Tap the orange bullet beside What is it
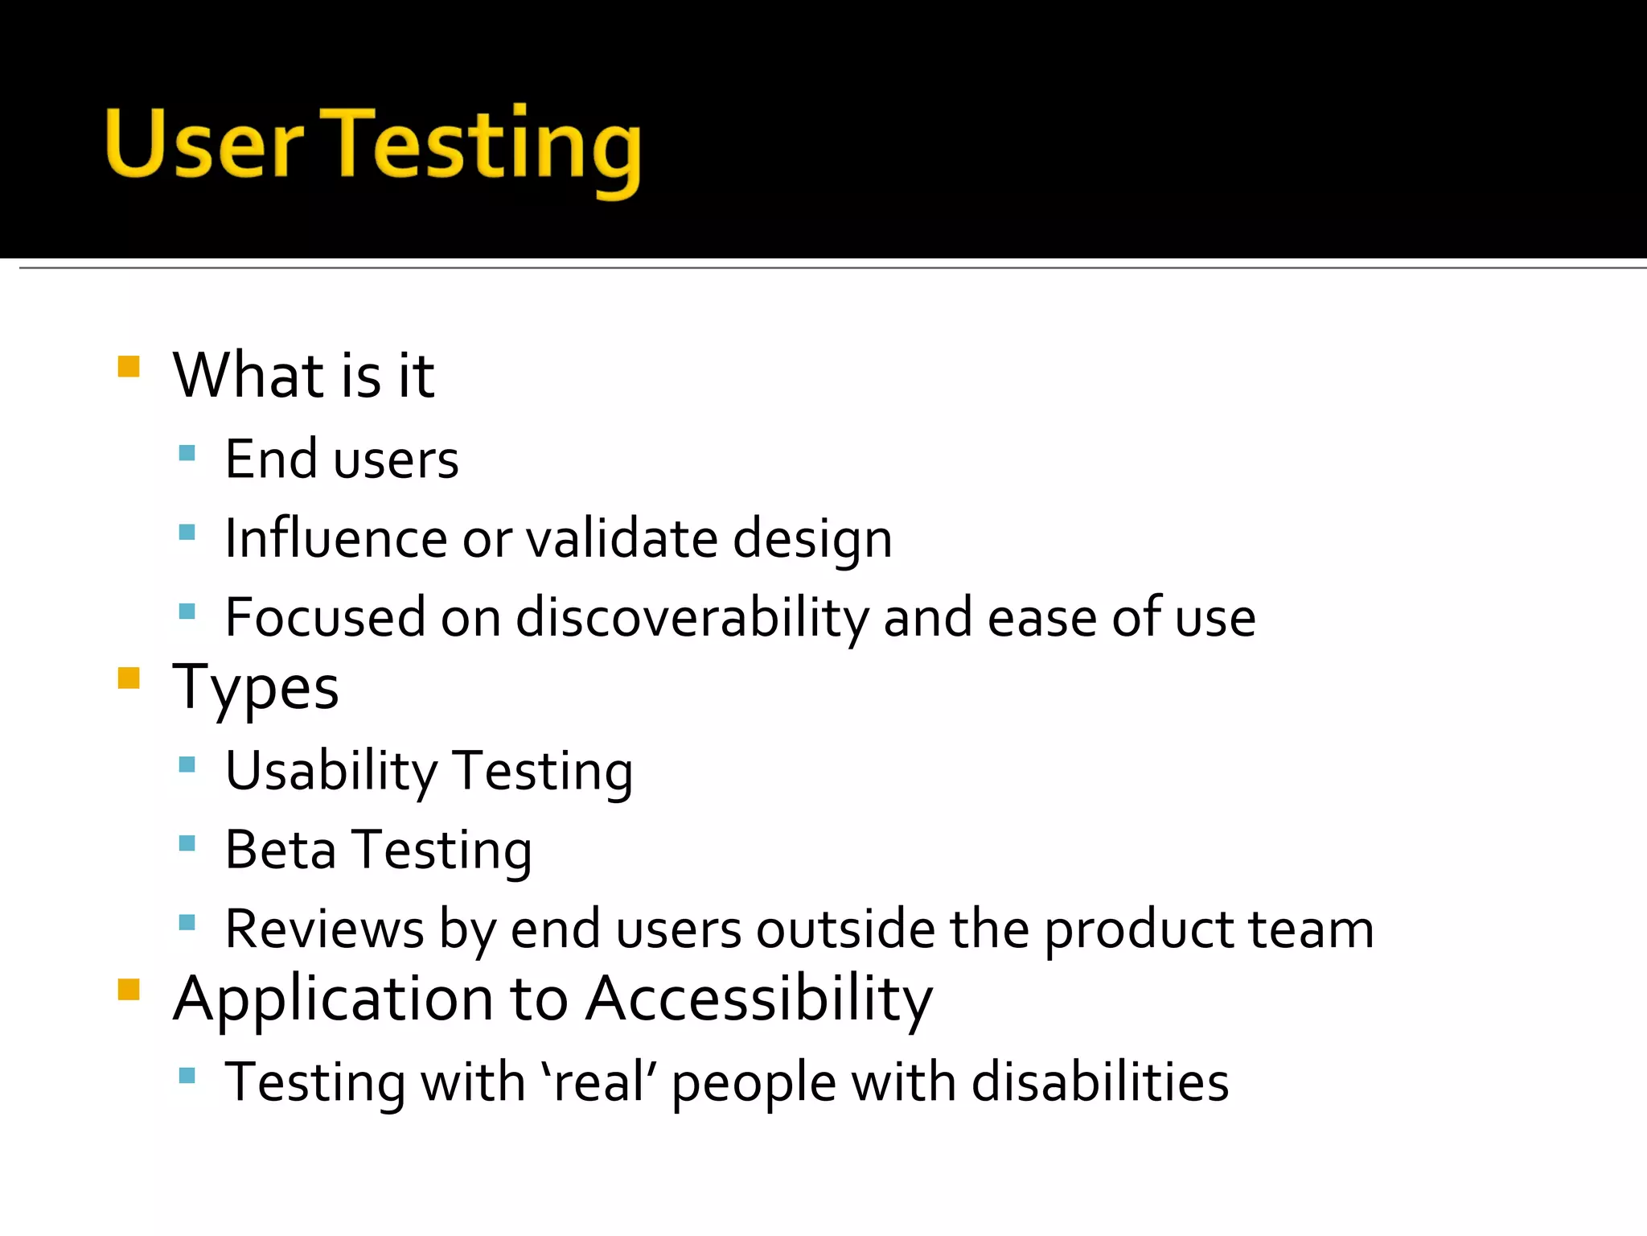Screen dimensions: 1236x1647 point(129,367)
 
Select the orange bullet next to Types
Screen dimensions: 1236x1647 point(129,678)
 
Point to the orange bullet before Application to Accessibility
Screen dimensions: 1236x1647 point(129,989)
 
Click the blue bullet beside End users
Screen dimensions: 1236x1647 point(187,453)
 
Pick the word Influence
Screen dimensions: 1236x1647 point(335,538)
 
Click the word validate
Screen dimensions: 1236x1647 point(621,538)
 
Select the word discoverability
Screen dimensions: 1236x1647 point(692,618)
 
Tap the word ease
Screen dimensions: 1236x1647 point(1041,618)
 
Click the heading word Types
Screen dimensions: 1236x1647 point(256,689)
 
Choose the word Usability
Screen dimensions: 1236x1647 point(331,771)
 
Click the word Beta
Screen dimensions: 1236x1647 point(280,850)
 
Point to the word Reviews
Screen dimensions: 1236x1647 point(324,929)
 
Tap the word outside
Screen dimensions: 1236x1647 point(845,929)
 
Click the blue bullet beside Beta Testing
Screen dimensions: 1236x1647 point(187,843)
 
